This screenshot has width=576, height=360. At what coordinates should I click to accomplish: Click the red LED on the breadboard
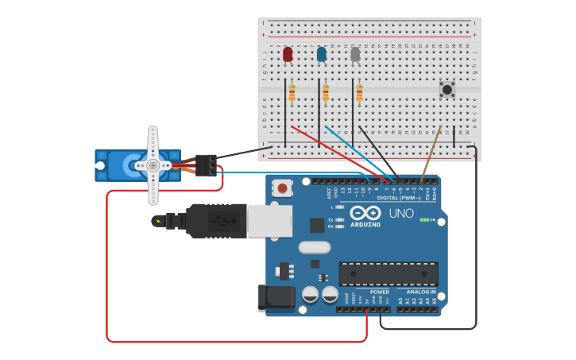pyautogui.click(x=288, y=54)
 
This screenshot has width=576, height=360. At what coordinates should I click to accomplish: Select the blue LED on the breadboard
pyautogui.click(x=321, y=54)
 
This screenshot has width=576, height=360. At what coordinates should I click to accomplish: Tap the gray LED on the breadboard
pyautogui.click(x=355, y=54)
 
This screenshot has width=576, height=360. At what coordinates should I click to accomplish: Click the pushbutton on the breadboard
pyautogui.click(x=446, y=90)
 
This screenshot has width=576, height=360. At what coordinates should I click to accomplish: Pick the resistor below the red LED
pyautogui.click(x=292, y=94)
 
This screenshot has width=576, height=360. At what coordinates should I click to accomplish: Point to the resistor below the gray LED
pyautogui.click(x=359, y=94)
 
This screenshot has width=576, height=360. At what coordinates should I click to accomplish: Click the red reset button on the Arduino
pyautogui.click(x=281, y=188)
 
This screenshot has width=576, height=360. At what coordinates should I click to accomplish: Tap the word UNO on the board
pyautogui.click(x=401, y=214)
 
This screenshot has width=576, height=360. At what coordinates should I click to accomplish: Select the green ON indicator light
pyautogui.click(x=424, y=219)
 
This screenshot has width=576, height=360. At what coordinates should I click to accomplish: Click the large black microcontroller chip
pyautogui.click(x=388, y=273)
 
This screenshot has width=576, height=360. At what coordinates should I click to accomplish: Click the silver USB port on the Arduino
pyautogui.click(x=269, y=221)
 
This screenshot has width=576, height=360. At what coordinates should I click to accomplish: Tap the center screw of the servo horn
pyautogui.click(x=153, y=165)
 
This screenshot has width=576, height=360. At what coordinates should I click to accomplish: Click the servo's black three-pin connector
pyautogui.click(x=206, y=165)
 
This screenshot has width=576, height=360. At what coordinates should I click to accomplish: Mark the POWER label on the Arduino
pyautogui.click(x=380, y=292)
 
